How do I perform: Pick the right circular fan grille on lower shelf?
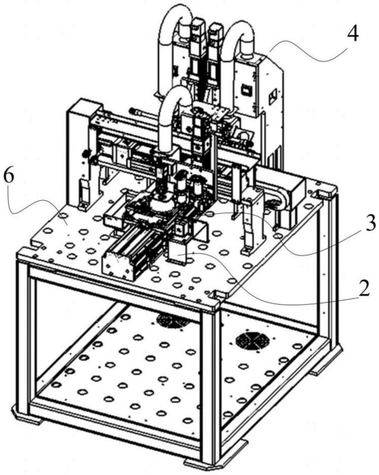[251, 341]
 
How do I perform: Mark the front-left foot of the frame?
[27, 420]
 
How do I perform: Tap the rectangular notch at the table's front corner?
[216, 293]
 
